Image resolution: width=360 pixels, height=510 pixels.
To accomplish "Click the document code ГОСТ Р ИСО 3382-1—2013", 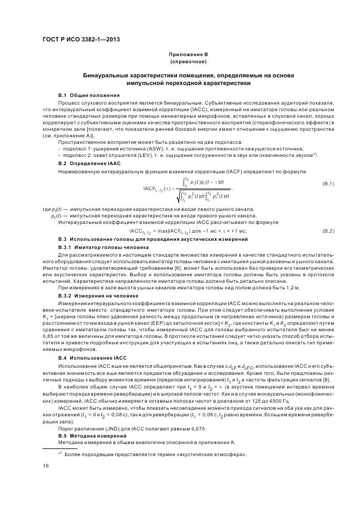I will (80, 39).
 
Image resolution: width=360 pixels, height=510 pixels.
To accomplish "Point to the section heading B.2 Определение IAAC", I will (82, 163).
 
